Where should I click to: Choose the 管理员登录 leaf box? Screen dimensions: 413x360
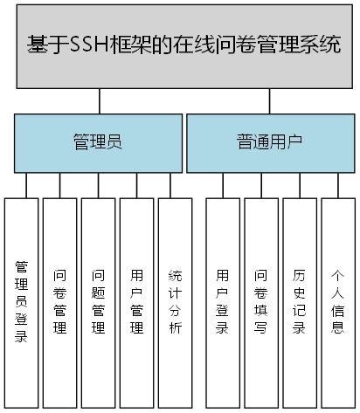tap(22, 301)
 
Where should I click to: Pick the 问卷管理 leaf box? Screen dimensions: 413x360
tap(59, 301)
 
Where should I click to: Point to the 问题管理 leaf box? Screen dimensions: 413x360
tap(98, 301)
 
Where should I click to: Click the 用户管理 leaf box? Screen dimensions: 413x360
tap(136, 301)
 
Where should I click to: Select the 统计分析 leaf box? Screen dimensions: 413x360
tap(175, 301)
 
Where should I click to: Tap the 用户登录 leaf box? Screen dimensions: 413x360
tap(223, 301)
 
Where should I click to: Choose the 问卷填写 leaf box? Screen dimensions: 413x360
tap(261, 301)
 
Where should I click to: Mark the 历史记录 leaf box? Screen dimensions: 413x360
tap(300, 301)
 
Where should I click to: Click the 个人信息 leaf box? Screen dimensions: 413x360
tap(338, 301)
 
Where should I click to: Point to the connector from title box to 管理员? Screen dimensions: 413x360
tap(100, 101)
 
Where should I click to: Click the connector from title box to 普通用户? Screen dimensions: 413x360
tap(270, 101)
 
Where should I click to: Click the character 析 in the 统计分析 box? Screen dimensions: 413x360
tap(175, 328)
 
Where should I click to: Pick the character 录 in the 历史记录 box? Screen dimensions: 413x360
tap(300, 328)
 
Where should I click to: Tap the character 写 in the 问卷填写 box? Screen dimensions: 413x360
tap(261, 328)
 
